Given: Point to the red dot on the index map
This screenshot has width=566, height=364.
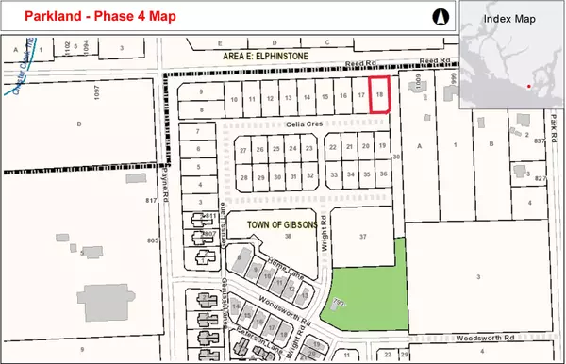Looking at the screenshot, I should [x=530, y=87].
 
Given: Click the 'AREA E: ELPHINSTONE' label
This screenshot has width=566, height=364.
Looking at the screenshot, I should [x=259, y=57].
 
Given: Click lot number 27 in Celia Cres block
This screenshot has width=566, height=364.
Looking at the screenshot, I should [x=243, y=150].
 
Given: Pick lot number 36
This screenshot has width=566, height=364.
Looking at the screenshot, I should [x=382, y=174].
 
